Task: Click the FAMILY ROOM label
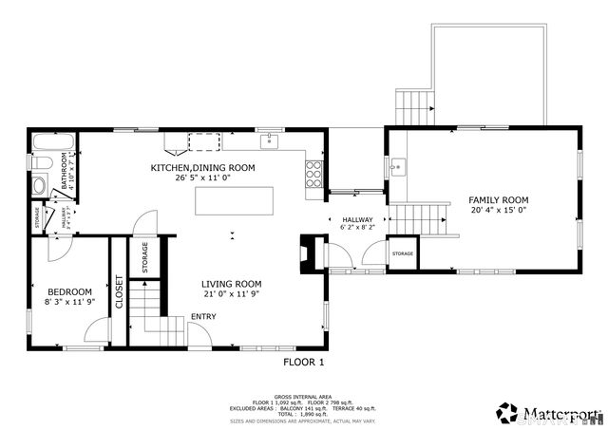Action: click(498, 200)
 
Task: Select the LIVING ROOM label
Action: click(231, 284)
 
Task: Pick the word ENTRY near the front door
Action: click(203, 317)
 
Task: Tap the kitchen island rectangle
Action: click(234, 201)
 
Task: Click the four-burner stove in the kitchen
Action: click(313, 174)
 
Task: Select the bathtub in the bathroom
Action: click(44, 145)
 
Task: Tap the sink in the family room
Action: click(397, 167)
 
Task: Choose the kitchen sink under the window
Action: click(270, 142)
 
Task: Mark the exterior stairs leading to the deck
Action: click(412, 106)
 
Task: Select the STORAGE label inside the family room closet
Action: click(403, 254)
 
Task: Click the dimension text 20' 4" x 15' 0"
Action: click(498, 211)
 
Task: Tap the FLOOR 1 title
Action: click(304, 362)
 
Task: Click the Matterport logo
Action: click(548, 413)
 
